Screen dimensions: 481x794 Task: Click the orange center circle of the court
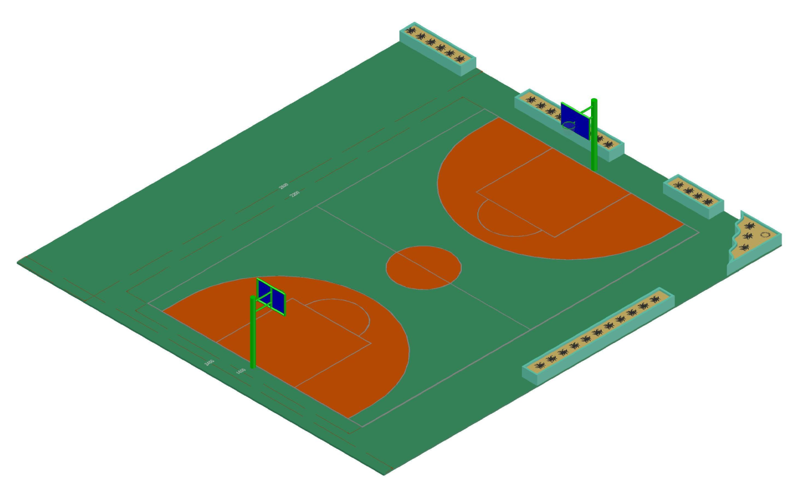point(423,268)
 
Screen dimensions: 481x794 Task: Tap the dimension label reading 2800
point(284,187)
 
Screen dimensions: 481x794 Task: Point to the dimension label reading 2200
point(293,194)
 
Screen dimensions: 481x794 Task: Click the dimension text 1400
point(240,371)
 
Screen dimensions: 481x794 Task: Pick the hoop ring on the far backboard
point(570,125)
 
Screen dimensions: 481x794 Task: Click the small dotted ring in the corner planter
point(765,234)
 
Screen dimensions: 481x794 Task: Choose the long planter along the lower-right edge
point(598,336)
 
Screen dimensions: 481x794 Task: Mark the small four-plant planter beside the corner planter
point(693,194)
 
